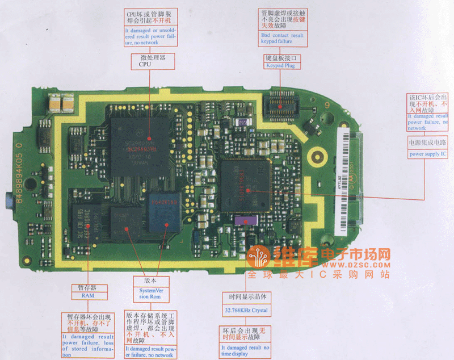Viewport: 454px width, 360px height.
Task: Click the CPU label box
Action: [149, 61]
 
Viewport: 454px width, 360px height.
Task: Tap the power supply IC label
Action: [428, 154]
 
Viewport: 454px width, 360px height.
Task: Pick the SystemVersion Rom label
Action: [150, 293]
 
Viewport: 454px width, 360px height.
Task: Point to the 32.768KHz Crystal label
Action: [246, 311]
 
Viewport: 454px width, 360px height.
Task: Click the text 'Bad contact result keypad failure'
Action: [282, 39]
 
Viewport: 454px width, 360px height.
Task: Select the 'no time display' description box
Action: [245, 350]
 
